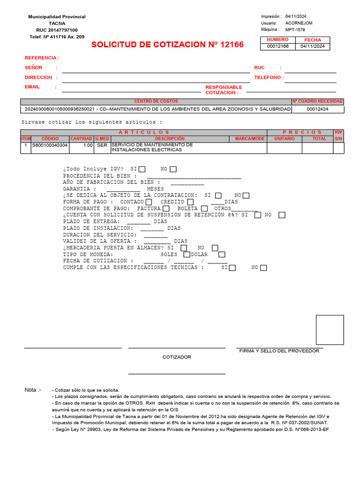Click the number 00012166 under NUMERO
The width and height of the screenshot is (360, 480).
(x=278, y=46)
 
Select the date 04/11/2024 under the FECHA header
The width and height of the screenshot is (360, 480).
(x=312, y=46)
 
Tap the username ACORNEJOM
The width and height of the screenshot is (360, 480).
(x=299, y=23)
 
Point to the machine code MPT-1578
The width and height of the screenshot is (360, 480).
(x=295, y=30)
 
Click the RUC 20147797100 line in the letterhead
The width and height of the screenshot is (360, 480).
(x=57, y=30)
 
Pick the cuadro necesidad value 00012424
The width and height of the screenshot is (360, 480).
(x=317, y=109)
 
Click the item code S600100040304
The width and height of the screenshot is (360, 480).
(x=50, y=145)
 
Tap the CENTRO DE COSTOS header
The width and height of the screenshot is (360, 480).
(x=156, y=101)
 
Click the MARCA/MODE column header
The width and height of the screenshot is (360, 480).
(x=250, y=139)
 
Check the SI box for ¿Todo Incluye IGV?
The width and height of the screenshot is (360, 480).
(x=142, y=169)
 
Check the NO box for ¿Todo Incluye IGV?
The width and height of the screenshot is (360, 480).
(x=173, y=169)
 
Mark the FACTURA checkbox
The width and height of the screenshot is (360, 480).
(x=165, y=208)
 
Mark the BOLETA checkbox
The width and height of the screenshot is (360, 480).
(x=204, y=208)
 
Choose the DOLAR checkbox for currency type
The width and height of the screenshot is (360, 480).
(x=222, y=254)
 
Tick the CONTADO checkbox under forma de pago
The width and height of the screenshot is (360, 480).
(x=149, y=202)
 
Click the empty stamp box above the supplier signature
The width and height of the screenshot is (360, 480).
(x=330, y=330)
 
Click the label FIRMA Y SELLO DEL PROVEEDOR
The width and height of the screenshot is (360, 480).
(x=279, y=351)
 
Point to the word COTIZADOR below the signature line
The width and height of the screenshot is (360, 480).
(x=177, y=357)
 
